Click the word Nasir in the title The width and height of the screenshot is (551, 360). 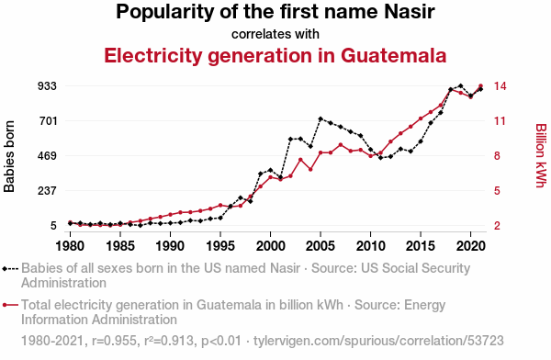tap(410, 12)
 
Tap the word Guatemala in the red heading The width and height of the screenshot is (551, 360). tap(393, 55)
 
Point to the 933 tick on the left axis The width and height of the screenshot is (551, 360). tap(47, 85)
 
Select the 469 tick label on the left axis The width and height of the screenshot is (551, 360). tap(47, 155)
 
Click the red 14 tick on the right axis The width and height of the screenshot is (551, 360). tap(500, 85)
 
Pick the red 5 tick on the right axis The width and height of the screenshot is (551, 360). tap(497, 190)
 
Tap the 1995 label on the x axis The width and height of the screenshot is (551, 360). tap(220, 246)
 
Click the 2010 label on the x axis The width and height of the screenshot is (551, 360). tap(370, 246)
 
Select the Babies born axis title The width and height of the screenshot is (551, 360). tap(9, 156)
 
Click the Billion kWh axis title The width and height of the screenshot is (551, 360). tap(541, 155)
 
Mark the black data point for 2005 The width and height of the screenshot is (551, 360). tap(320, 118)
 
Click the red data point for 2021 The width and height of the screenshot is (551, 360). tap(480, 85)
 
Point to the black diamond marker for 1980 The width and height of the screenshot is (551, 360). tap(71, 223)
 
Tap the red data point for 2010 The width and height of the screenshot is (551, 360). tap(370, 156)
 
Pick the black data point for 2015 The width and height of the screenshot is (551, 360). tap(421, 141)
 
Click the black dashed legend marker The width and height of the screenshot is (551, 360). tap(10, 269)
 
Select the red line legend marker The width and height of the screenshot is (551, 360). tap(10, 305)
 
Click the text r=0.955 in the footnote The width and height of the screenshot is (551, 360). tap(114, 341)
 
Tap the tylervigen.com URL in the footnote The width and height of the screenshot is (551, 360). tap(378, 341)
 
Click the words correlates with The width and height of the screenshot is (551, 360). tap(275, 34)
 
